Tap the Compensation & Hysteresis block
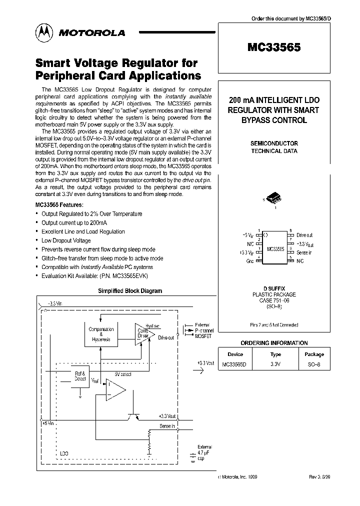[101, 334]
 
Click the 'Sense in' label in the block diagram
[167, 425]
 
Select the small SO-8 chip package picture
[273, 198]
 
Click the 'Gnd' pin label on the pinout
[249, 261]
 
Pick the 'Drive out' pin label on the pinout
[304, 234]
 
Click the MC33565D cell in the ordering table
[235, 364]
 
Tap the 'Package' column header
[314, 354]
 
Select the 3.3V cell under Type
[275, 364]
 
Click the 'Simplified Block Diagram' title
[129, 290]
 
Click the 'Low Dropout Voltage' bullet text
[66, 240]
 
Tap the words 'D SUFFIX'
[273, 289]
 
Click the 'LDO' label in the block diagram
[64, 453]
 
